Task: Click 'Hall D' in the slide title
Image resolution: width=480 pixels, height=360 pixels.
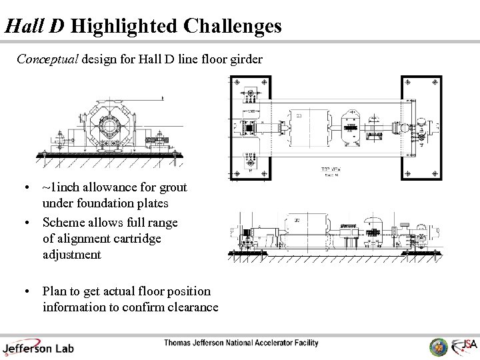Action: (35, 26)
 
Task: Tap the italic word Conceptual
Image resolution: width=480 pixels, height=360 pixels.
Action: (47, 59)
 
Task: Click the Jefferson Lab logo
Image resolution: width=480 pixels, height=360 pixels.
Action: (38, 347)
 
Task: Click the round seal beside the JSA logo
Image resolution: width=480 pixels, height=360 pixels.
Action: (439, 347)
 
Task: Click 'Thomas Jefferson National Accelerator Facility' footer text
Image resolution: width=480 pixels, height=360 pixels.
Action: (241, 343)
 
